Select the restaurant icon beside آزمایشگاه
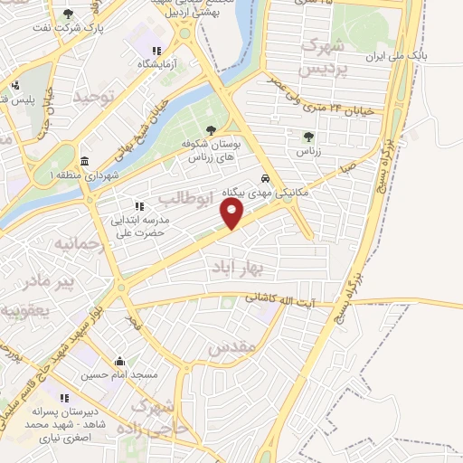pyautogui.click(x=156, y=52)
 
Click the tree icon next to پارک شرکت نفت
pyautogui.click(x=70, y=13)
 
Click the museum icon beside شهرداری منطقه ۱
pyautogui.click(x=84, y=161)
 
